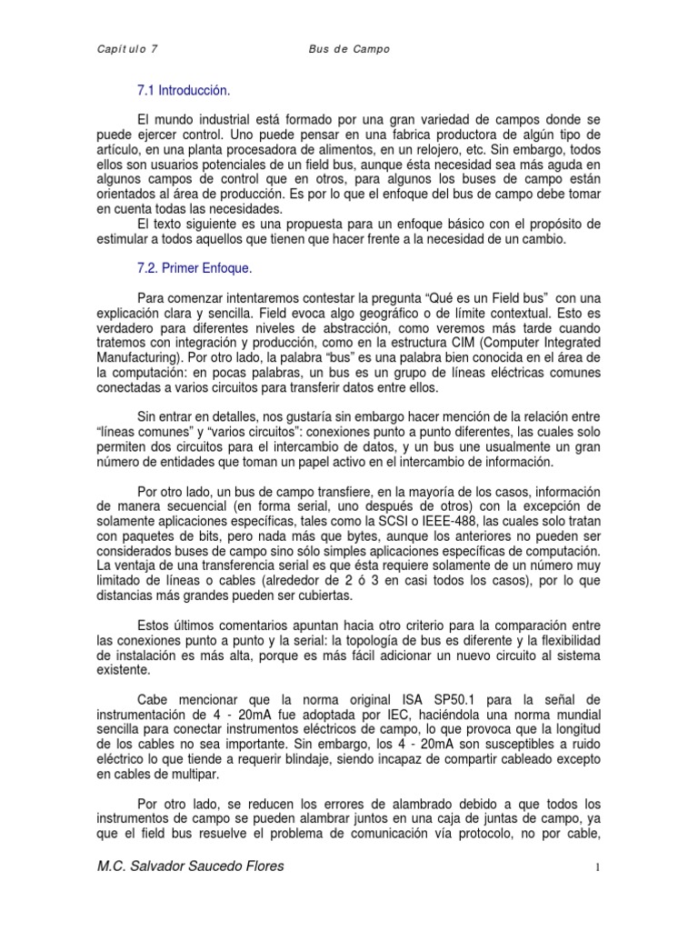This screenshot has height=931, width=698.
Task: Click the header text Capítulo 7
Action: tap(127, 48)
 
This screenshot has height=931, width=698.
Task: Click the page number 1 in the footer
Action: tap(598, 868)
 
